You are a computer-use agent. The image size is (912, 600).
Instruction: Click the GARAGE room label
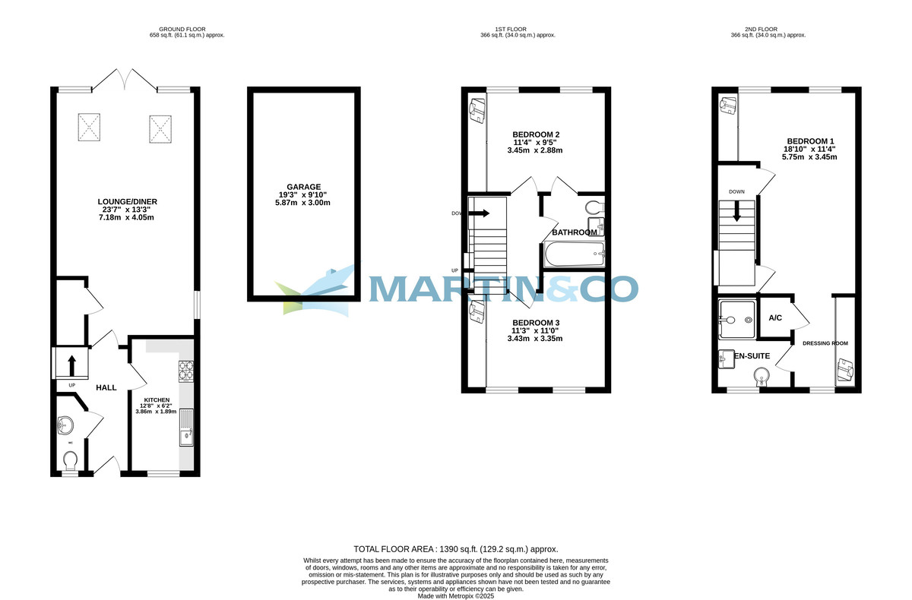pos(304,186)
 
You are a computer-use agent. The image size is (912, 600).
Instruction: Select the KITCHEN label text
pos(156,399)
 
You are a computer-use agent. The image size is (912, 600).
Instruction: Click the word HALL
pos(106,387)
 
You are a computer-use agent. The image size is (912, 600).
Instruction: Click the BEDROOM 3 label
pos(536,321)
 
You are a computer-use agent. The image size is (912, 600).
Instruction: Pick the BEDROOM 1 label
pos(810,141)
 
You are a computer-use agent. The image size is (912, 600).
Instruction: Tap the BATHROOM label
pos(575,232)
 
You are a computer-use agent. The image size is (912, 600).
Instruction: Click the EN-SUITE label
pos(753,355)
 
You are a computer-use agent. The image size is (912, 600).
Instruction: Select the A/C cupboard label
pos(775,317)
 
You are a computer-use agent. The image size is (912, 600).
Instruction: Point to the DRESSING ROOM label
pos(825,343)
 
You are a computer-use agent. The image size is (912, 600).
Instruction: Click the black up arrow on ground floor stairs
pos(72,365)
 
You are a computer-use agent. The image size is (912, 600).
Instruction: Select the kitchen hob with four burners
pos(186,370)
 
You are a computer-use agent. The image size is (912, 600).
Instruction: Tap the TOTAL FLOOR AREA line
pos(456,548)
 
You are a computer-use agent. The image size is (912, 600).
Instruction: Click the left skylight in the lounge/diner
pos(90,127)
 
